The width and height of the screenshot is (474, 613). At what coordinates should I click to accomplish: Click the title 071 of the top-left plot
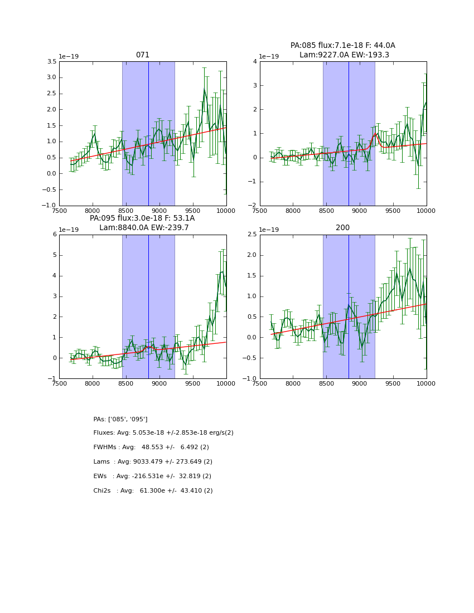143,55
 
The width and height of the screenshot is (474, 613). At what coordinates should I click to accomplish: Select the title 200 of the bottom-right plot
343,228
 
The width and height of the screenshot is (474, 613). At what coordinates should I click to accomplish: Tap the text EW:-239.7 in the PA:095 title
170,228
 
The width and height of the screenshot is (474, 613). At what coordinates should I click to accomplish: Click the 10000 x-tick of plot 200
426,383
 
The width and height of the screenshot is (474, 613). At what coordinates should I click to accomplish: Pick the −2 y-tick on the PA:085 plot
253,206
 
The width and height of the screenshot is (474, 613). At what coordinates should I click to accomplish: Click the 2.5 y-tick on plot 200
251,235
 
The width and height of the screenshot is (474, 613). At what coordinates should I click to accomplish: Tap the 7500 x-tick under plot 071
60,210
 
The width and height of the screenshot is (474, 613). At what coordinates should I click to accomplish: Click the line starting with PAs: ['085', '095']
120,419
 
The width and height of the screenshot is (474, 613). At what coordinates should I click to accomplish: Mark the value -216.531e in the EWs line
148,476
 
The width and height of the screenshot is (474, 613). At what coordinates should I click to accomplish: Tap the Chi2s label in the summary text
101,491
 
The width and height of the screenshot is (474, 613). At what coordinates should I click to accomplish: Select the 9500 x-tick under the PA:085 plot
393,210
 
